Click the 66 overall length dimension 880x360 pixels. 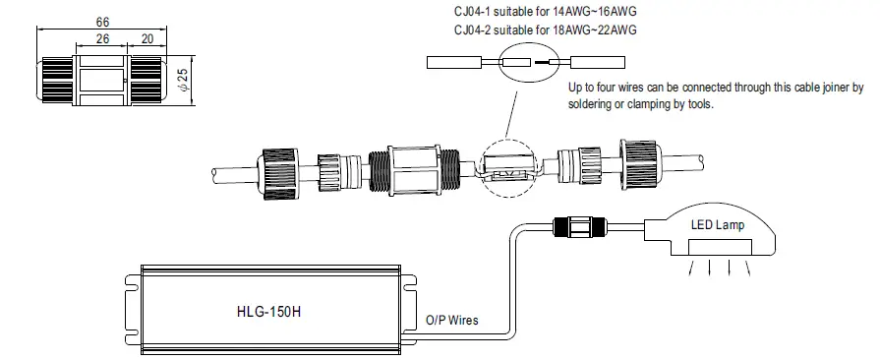click(x=102, y=21)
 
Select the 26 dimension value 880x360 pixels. click(x=102, y=39)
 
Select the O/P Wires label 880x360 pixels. click(x=453, y=320)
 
